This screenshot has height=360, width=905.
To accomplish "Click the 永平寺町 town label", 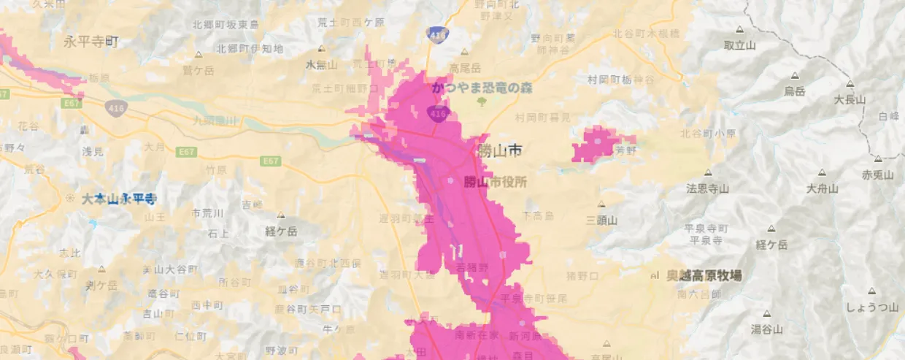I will click(90, 42).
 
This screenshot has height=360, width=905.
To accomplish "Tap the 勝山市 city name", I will click(499, 151).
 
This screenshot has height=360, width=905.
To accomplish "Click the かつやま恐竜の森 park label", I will click(482, 88).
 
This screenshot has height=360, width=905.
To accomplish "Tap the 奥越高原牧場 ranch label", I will click(704, 275).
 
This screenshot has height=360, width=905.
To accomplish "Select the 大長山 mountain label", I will click(850, 100).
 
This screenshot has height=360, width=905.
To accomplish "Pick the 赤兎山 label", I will click(877, 175).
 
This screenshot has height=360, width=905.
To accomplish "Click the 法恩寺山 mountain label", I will click(707, 188).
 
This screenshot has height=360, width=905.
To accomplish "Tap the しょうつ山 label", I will click(871, 307).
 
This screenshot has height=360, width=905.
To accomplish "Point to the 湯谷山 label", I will click(767, 329).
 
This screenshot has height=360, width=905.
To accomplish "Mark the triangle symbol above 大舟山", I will click(822, 173).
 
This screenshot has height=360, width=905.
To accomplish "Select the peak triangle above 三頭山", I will click(601, 204).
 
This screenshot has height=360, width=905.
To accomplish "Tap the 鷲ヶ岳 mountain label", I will click(199, 70).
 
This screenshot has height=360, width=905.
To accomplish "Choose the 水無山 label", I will click(320, 65).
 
